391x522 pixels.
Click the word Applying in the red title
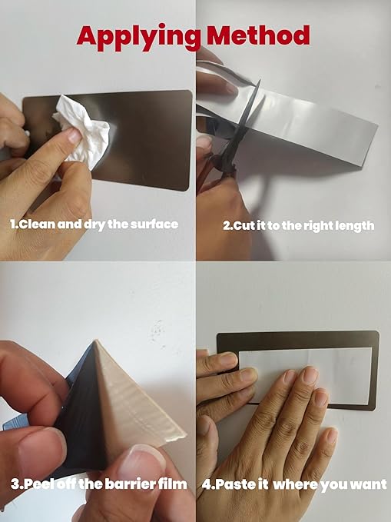coord(138,38)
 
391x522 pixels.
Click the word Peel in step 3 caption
coord(39,484)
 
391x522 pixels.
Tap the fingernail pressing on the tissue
coord(74,136)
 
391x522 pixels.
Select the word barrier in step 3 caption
coord(131,484)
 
